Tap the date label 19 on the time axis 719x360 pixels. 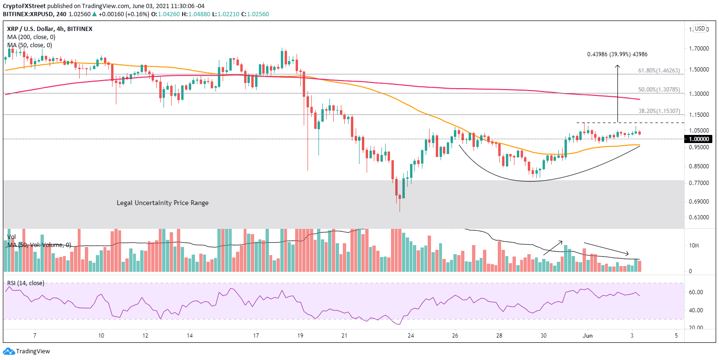coord(300,335)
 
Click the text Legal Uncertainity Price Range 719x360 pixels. coord(163,203)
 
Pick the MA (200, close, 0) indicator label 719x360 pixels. coord(31,37)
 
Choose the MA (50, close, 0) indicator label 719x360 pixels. coord(30,45)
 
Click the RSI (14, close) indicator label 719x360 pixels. coord(26,283)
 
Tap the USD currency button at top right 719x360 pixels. coord(700,29)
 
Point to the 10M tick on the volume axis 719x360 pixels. coord(694,246)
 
